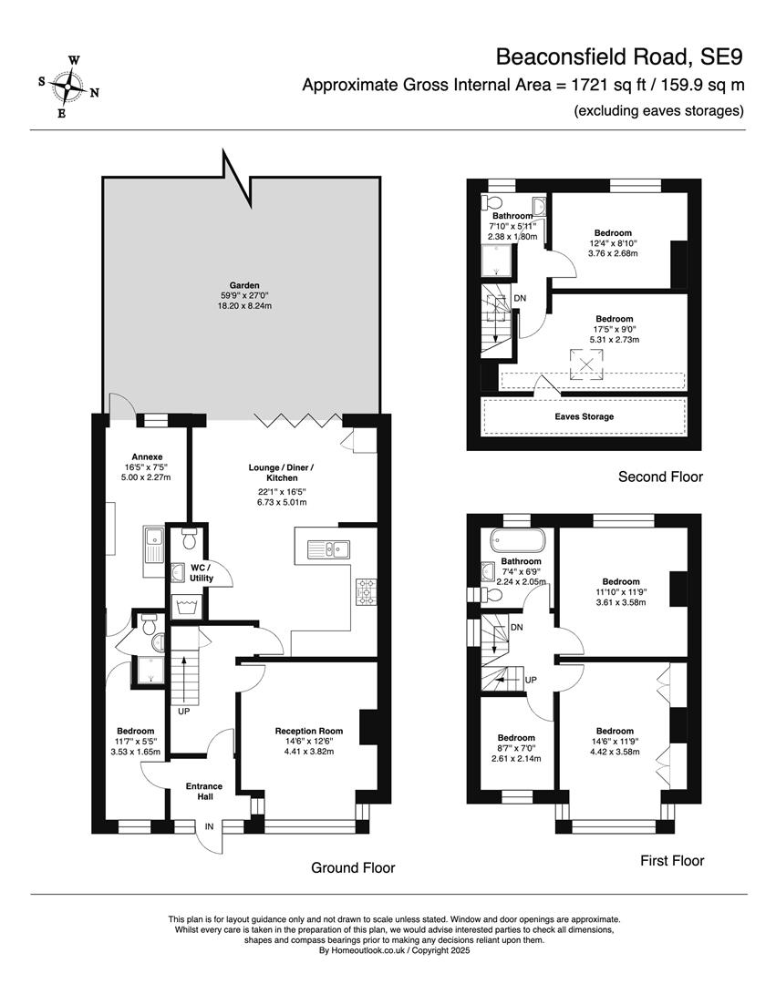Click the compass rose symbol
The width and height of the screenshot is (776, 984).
tap(67, 87)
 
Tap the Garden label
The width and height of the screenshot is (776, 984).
tap(244, 285)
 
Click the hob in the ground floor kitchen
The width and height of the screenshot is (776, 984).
tap(366, 592)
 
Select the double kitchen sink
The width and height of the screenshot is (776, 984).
tap(328, 549)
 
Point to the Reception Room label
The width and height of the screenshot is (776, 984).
tap(309, 731)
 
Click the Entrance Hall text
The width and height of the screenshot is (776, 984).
tap(204, 792)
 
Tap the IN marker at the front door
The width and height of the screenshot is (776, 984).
tap(209, 826)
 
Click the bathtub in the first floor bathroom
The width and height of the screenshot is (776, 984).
tap(518, 539)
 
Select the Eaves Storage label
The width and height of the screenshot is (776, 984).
tap(584, 416)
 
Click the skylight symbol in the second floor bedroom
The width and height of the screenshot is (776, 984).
tap(586, 364)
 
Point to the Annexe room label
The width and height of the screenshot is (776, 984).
tap(147, 456)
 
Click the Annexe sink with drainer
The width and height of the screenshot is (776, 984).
tap(153, 545)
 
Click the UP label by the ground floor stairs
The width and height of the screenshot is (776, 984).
tap(184, 712)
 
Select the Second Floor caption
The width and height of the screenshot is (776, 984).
tap(660, 477)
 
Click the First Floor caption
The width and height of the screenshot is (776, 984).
tap(672, 860)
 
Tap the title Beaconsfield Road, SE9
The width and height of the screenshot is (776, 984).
tap(619, 56)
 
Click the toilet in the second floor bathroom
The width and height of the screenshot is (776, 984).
tap(491, 202)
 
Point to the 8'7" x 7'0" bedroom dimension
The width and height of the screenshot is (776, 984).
tap(516, 748)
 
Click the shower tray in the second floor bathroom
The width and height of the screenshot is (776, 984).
tap(498, 260)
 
